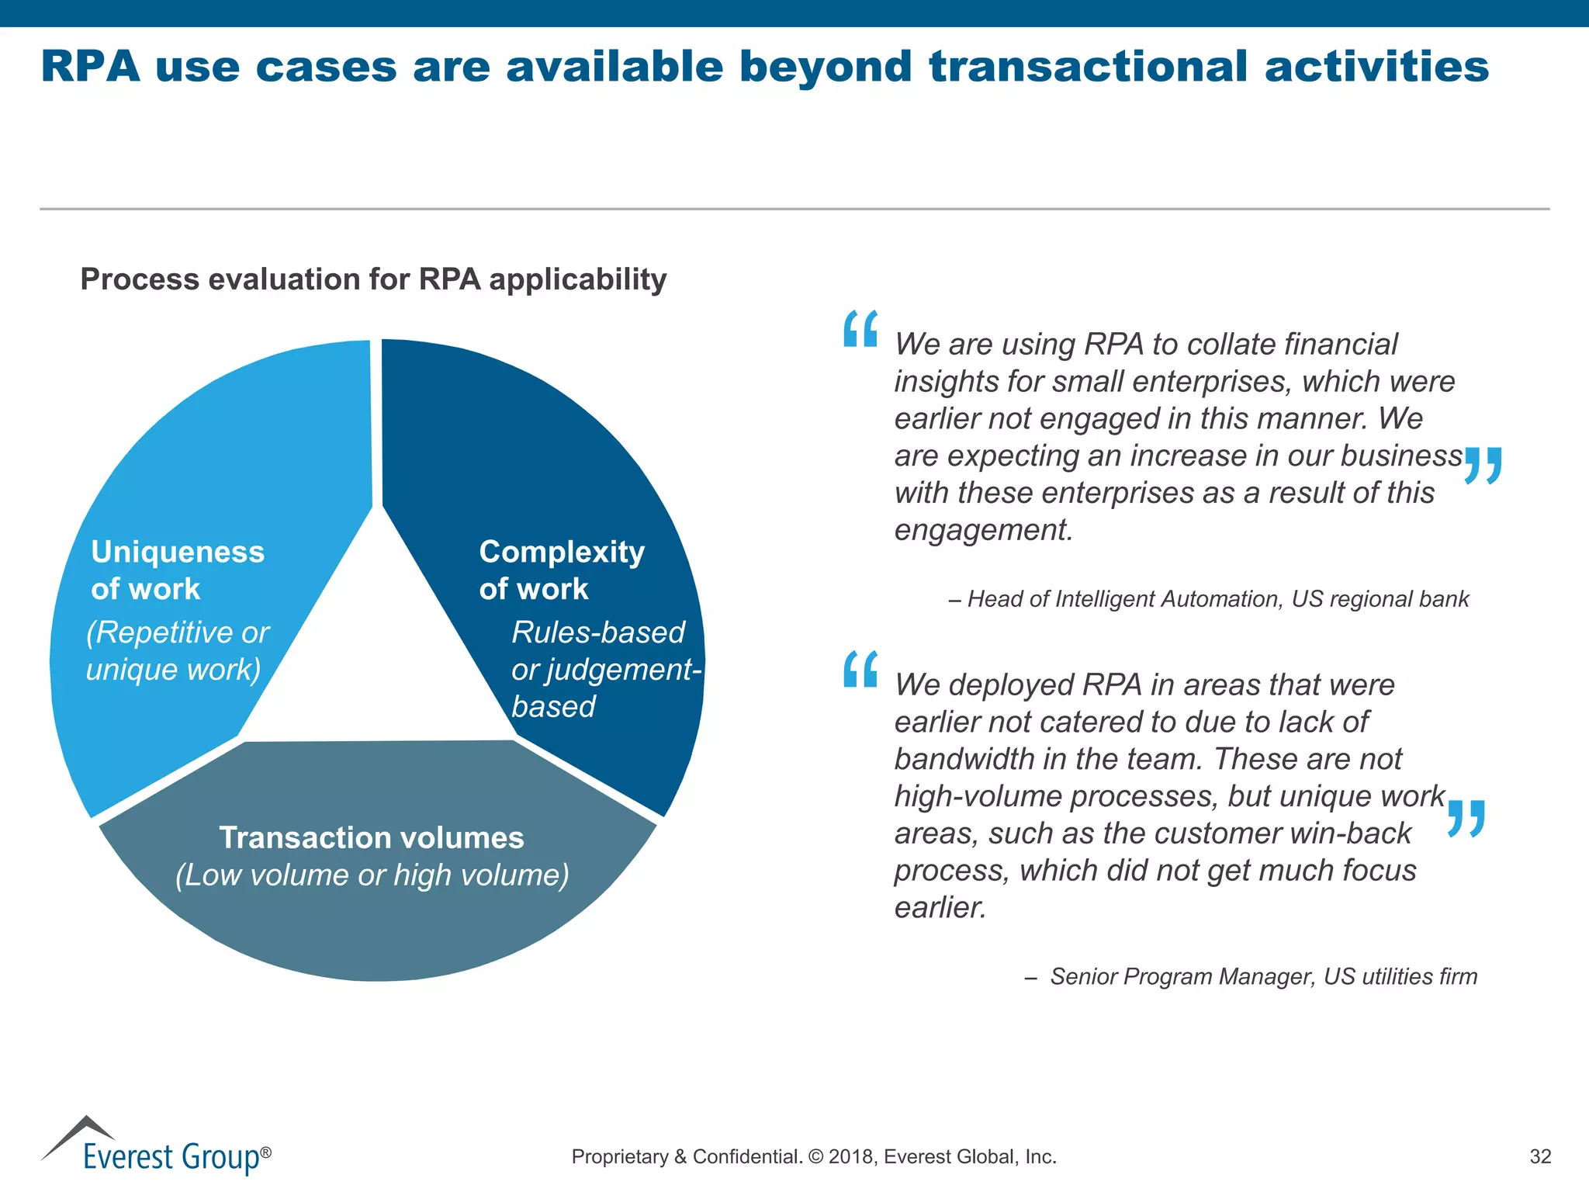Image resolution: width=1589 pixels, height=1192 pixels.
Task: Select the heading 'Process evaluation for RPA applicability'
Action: click(373, 279)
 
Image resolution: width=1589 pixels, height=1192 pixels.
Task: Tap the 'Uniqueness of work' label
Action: click(178, 570)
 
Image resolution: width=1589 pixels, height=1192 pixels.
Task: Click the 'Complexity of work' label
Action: click(561, 570)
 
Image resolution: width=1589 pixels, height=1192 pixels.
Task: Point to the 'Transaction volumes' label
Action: click(372, 838)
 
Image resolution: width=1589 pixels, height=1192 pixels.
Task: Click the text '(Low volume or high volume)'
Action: click(372, 875)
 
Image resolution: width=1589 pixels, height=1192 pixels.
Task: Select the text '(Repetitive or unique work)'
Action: click(177, 651)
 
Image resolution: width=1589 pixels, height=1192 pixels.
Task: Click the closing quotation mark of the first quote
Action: click(1483, 466)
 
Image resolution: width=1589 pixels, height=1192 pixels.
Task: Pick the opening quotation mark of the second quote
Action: click(860, 669)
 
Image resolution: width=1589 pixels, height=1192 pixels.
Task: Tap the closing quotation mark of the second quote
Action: click(1466, 819)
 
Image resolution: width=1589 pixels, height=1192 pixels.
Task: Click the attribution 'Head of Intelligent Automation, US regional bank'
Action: click(1217, 599)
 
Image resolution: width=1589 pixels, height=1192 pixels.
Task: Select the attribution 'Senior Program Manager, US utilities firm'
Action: click(1263, 976)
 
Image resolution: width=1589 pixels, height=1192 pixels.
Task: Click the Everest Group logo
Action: click(155, 1147)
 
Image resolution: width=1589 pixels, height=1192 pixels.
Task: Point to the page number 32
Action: click(1539, 1156)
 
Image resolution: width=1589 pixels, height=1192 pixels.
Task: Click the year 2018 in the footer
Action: click(850, 1157)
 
